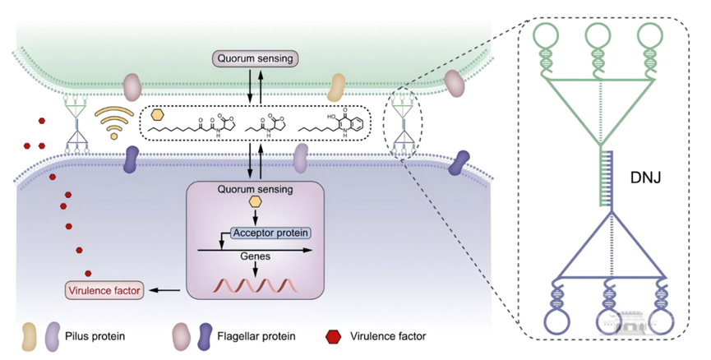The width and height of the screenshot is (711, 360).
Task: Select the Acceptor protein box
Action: click(271, 233)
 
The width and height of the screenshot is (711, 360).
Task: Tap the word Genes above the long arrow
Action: click(255, 256)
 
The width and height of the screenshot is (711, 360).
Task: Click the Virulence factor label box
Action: click(104, 290)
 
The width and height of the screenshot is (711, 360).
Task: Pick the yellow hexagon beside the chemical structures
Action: click(158, 114)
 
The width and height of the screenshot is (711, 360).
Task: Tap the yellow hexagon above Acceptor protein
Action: click(256, 202)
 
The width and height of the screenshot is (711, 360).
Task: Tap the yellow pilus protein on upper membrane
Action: click(337, 85)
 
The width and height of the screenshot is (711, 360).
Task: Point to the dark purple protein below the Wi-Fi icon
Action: click(131, 159)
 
